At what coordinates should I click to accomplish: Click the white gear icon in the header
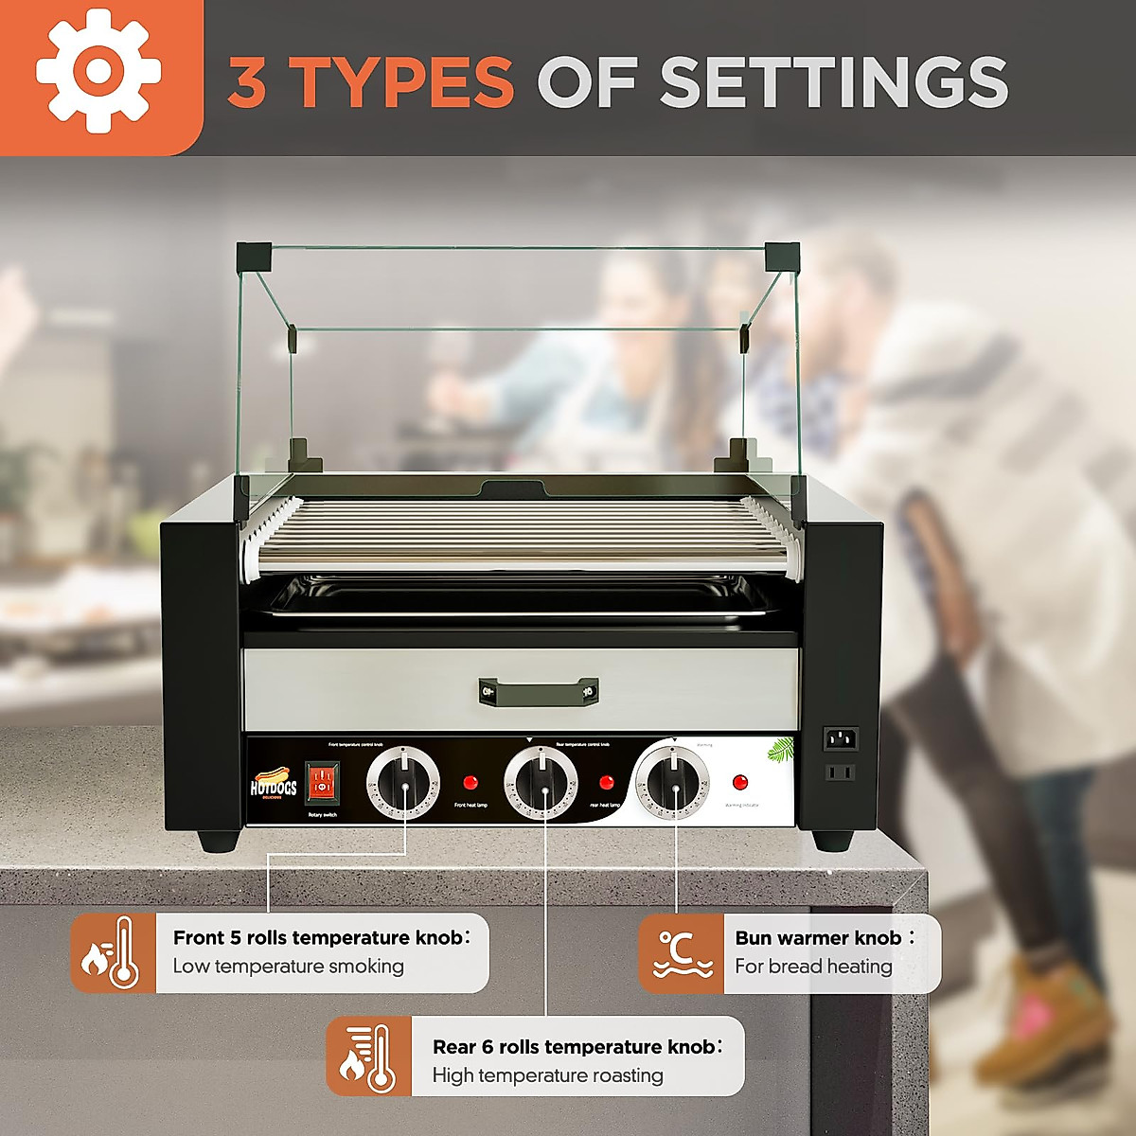click(x=98, y=71)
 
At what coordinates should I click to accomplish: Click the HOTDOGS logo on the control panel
click(x=274, y=785)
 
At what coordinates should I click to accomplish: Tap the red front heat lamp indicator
click(x=470, y=784)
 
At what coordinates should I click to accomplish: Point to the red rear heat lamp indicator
click(x=606, y=783)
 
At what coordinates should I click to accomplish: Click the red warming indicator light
click(x=740, y=782)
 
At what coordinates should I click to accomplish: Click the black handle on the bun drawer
click(x=538, y=691)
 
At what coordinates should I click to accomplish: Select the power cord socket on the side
click(x=841, y=738)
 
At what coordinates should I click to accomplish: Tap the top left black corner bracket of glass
click(x=254, y=255)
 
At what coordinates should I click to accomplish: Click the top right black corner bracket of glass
click(x=781, y=255)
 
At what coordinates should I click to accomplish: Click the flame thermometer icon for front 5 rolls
click(x=113, y=953)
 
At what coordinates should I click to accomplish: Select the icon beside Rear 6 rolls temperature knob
click(x=368, y=1056)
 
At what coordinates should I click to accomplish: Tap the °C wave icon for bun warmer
click(x=681, y=953)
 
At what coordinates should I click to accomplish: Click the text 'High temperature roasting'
click(x=547, y=1075)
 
